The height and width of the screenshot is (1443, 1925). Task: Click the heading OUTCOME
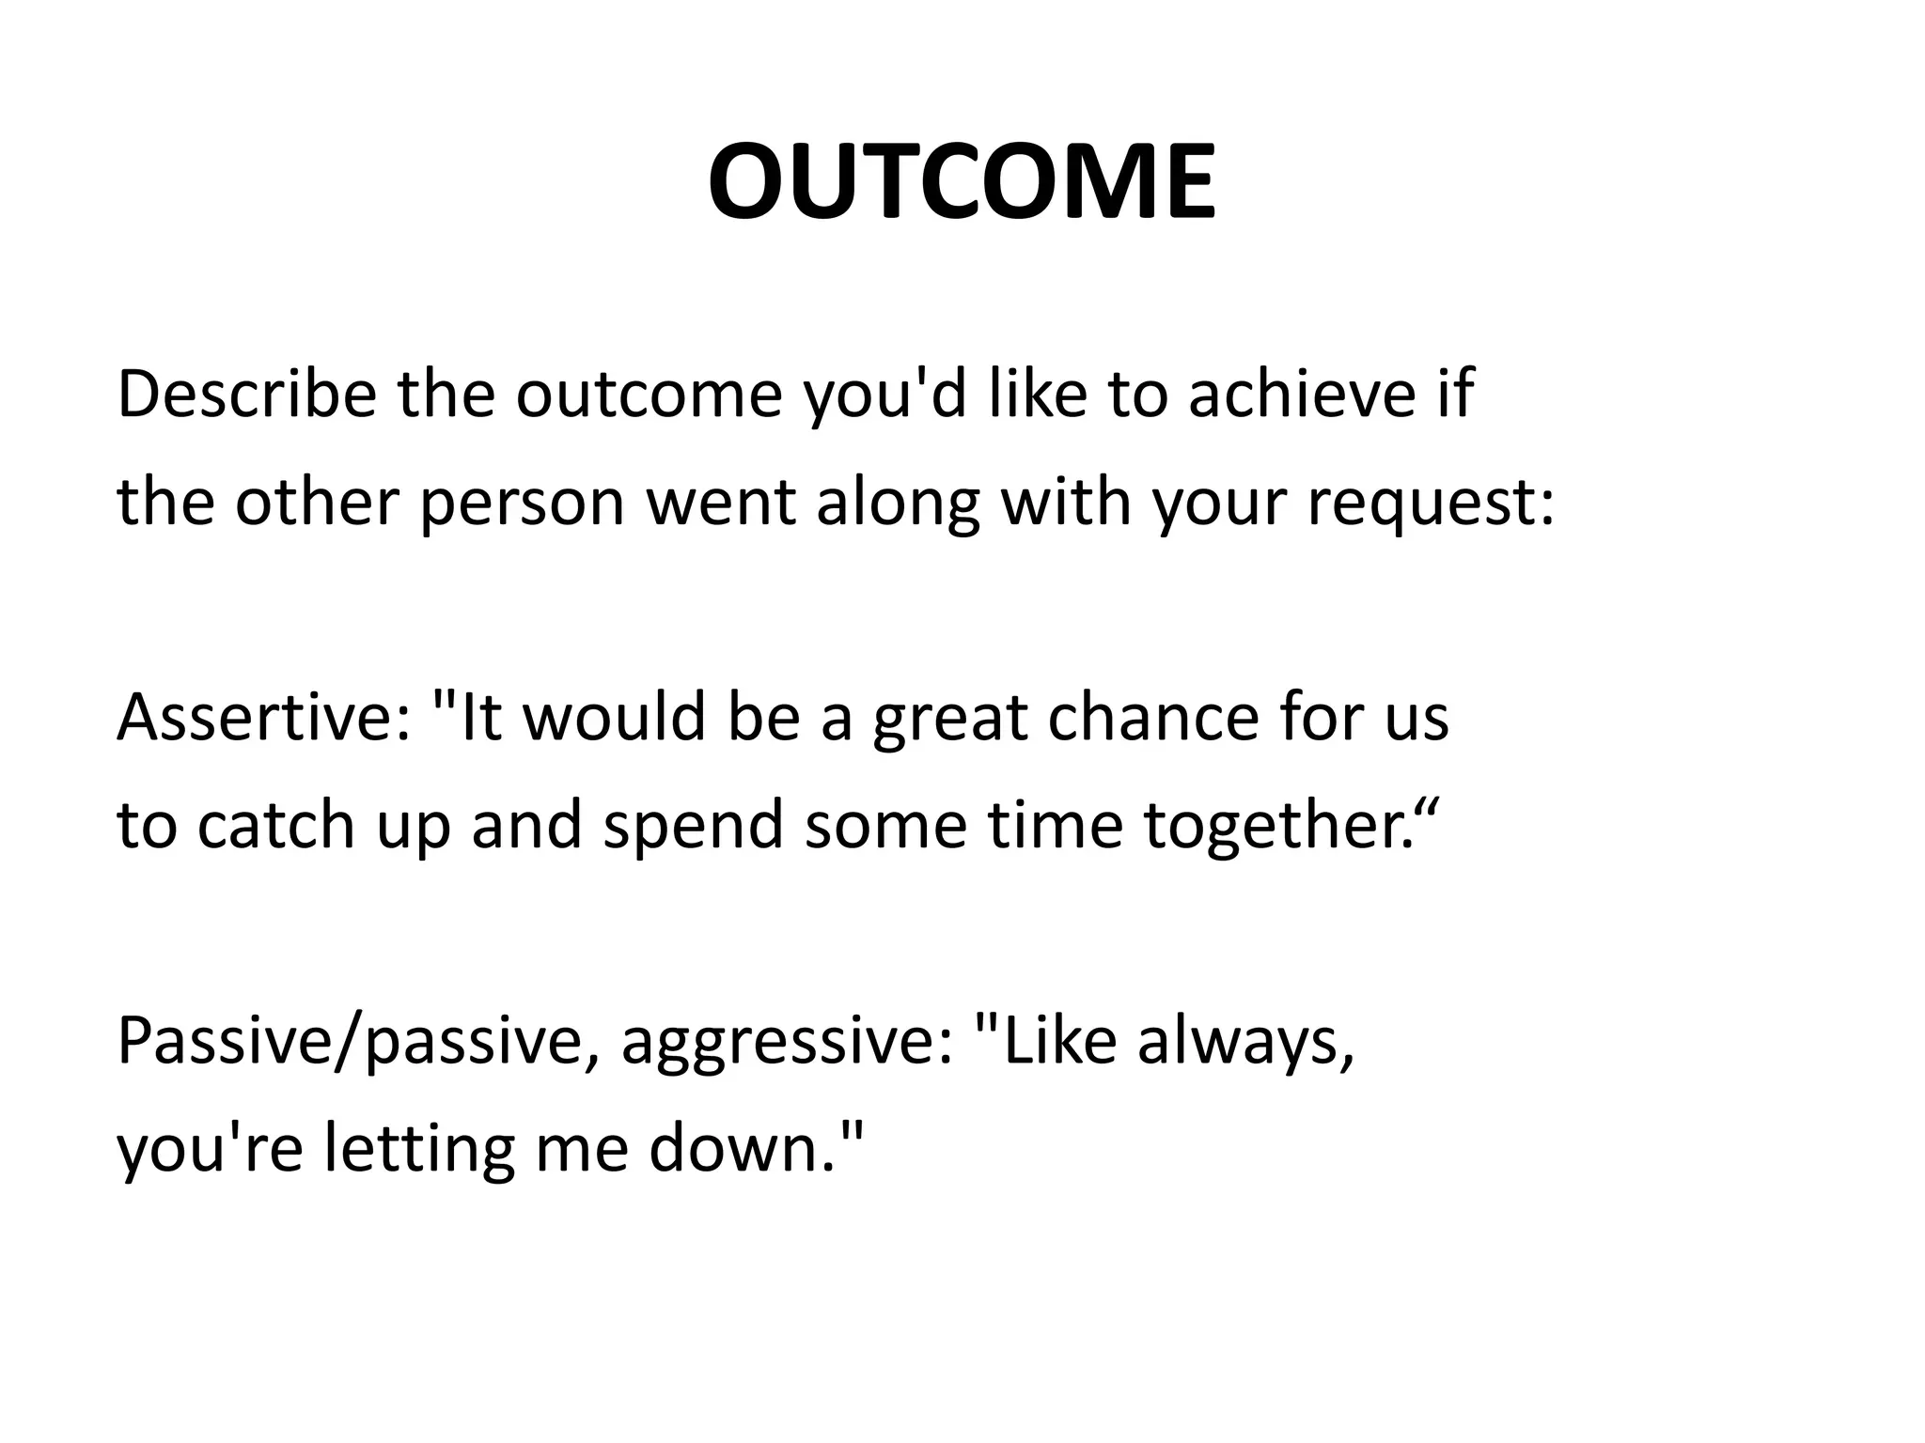pos(962,180)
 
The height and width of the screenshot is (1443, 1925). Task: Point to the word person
pos(522,504)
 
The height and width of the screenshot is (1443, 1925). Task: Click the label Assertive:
pos(263,717)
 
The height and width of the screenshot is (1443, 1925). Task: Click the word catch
pos(276,825)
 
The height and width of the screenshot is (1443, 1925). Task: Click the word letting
pos(419,1150)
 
